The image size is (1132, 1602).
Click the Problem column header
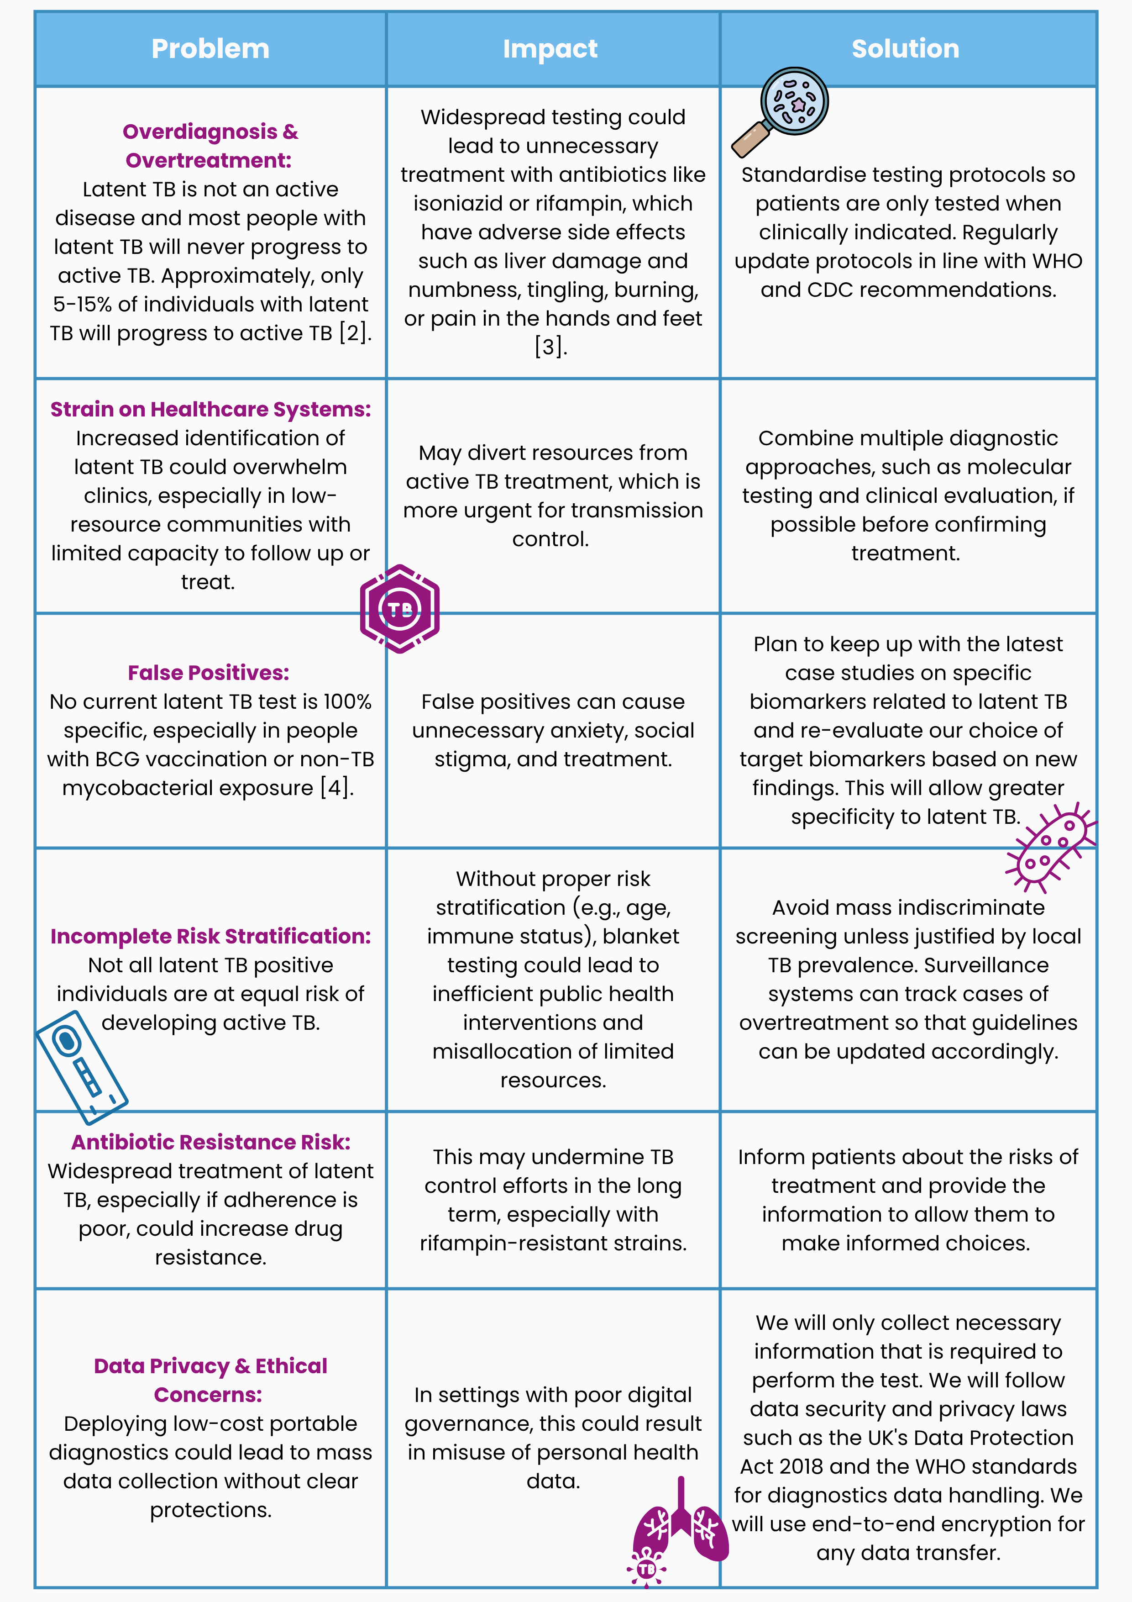(x=210, y=49)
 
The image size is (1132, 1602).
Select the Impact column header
(x=550, y=49)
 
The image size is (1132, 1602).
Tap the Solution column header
(x=905, y=49)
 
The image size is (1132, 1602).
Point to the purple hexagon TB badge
(x=400, y=609)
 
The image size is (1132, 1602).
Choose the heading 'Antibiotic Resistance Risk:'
(x=210, y=1142)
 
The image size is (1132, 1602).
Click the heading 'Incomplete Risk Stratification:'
(x=210, y=936)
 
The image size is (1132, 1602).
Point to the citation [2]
(x=354, y=333)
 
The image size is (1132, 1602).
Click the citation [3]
(x=550, y=347)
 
